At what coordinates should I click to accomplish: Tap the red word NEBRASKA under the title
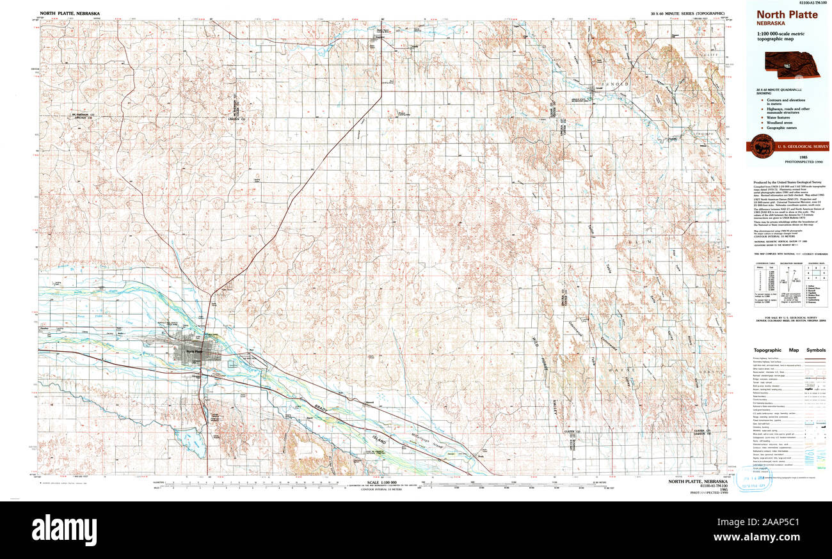click(x=771, y=23)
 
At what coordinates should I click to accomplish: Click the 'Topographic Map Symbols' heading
click(x=789, y=350)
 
